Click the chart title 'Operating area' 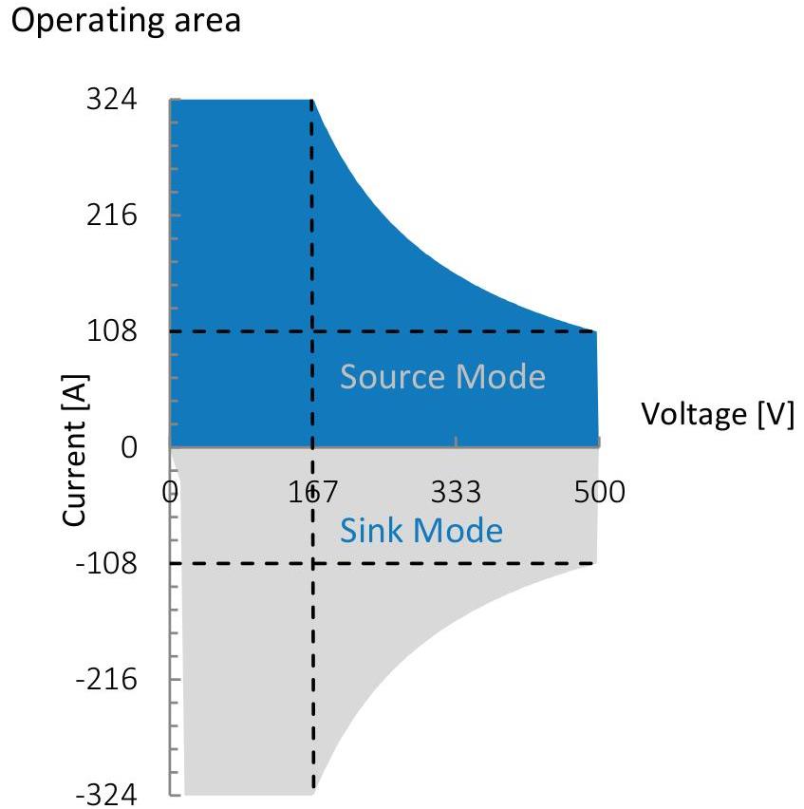(126, 22)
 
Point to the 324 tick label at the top (111, 99)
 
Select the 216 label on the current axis (111, 215)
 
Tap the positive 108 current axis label (111, 330)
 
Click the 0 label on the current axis (129, 447)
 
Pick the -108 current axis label (106, 562)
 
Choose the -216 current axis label (106, 679)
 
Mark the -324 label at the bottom (106, 795)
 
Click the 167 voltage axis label (312, 491)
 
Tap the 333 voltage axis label (456, 491)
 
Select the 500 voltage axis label (599, 491)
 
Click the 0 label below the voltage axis (170, 491)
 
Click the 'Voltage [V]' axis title (718, 414)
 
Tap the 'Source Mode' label (442, 376)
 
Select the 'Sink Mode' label (421, 531)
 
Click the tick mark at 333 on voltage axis (456, 442)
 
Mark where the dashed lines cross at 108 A (312, 331)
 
